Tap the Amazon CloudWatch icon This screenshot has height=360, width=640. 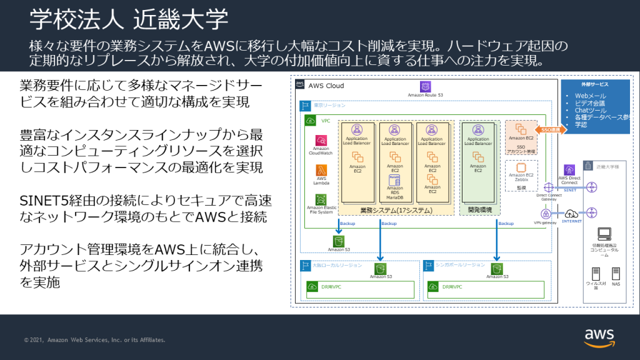[x=321, y=140]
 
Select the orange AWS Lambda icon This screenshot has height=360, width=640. [x=321, y=170]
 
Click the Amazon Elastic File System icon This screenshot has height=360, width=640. [x=321, y=199]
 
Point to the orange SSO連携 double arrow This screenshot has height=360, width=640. [x=551, y=129]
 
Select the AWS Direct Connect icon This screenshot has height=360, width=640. [x=569, y=169]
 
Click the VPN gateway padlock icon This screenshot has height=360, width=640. [x=545, y=214]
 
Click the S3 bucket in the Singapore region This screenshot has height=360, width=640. [x=496, y=268]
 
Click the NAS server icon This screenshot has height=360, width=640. [x=616, y=273]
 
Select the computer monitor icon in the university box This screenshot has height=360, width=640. [x=604, y=234]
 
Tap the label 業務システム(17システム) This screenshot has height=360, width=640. [x=396, y=210]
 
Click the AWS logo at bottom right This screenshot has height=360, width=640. [x=599, y=337]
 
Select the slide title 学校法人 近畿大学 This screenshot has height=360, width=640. [x=129, y=19]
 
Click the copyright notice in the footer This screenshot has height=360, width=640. [x=94, y=340]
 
